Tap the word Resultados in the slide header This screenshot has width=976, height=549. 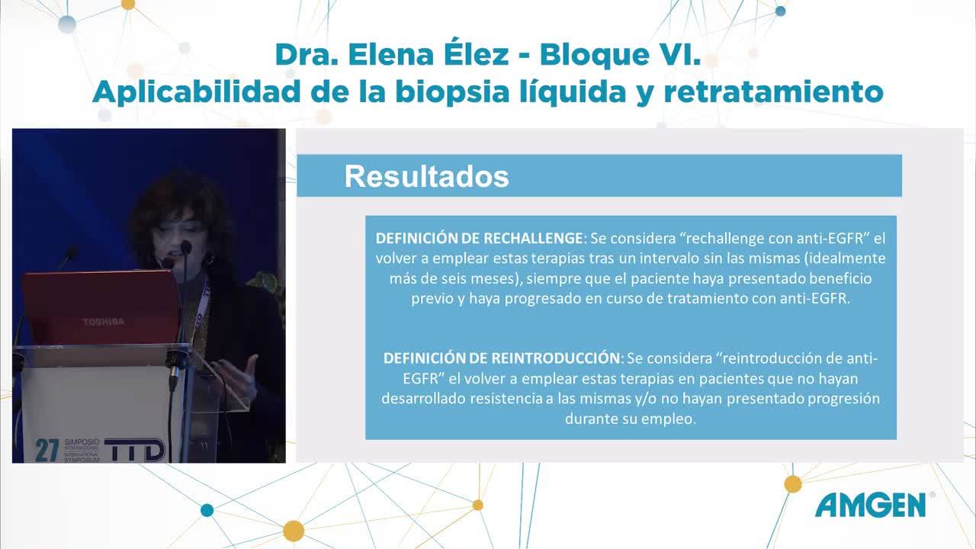click(426, 176)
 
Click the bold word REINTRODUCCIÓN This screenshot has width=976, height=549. click(556, 358)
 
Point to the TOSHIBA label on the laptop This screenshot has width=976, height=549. click(104, 322)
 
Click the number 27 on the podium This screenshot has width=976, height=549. click(47, 450)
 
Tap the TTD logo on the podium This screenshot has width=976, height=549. click(135, 449)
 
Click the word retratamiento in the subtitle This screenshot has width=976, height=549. click(773, 92)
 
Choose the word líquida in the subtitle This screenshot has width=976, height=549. click(573, 92)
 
